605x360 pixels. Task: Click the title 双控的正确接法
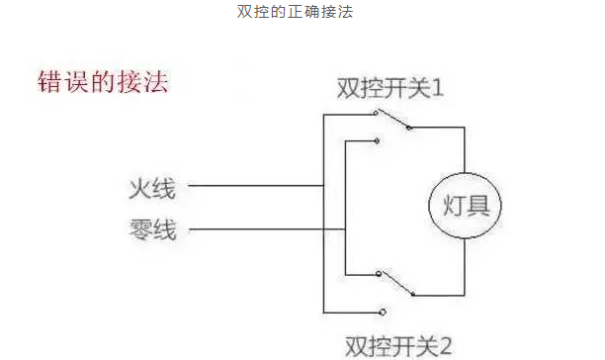(x=302, y=13)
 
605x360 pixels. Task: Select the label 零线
(x=152, y=231)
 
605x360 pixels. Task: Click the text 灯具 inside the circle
(x=465, y=208)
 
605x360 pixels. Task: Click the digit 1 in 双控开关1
(x=437, y=88)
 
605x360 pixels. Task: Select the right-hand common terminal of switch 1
(x=408, y=128)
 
